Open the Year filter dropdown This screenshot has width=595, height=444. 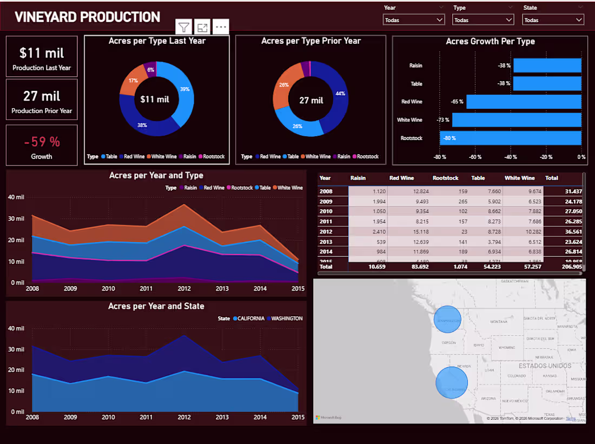point(414,20)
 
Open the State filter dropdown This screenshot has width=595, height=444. point(553,20)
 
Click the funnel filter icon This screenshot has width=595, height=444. point(184,27)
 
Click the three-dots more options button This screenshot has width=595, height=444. point(221,27)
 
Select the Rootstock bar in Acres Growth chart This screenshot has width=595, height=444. point(510,138)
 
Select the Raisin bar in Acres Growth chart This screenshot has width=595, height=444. point(547,65)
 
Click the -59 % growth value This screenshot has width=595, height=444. point(42,142)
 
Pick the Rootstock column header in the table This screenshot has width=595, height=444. point(445,178)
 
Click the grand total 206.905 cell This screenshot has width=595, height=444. point(572,267)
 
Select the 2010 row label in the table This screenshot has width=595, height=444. point(326,211)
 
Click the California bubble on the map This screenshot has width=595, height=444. point(452,382)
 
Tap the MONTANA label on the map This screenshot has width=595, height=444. point(498,322)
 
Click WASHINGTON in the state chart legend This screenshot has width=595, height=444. point(286,319)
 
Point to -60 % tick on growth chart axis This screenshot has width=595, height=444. point(475,157)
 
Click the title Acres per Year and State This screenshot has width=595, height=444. point(156,306)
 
